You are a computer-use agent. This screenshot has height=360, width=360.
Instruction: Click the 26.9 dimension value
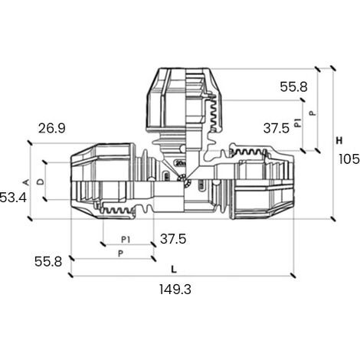click(x=52, y=129)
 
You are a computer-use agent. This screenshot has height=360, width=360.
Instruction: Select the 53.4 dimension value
click(x=13, y=198)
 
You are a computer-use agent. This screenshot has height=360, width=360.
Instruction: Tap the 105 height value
click(x=349, y=159)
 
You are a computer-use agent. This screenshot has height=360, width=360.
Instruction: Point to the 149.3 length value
click(x=175, y=290)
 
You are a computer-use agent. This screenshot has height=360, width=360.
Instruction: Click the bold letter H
click(x=339, y=140)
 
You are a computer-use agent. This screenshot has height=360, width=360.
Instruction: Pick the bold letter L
click(x=174, y=269)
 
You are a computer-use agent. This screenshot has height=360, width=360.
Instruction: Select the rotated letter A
click(x=27, y=182)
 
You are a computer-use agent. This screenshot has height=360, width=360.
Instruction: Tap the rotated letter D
click(x=41, y=182)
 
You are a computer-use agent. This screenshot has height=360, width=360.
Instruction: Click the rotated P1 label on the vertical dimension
click(x=297, y=123)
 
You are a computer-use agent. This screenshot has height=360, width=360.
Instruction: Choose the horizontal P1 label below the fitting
click(x=126, y=240)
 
